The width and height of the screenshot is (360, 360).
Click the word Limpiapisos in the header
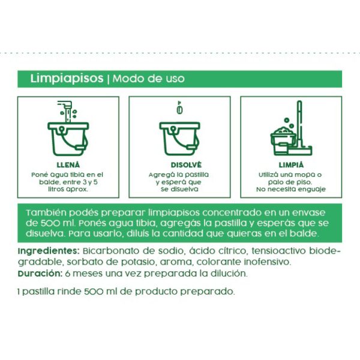[x=67, y=79]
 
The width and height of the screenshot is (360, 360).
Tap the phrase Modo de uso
[x=149, y=79]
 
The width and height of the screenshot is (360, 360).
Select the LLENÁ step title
[x=68, y=165]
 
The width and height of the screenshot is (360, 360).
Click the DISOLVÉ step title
[x=186, y=165]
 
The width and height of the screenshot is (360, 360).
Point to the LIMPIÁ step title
[x=291, y=165]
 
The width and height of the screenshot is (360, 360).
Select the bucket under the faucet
[x=68, y=139]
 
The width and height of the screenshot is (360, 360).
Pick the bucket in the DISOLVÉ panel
[x=180, y=139]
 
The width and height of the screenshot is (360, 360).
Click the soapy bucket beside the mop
[x=283, y=142]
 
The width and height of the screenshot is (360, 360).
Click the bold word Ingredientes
[x=49, y=251]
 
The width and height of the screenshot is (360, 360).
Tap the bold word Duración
[x=40, y=274]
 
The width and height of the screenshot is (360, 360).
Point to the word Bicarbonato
[x=111, y=251]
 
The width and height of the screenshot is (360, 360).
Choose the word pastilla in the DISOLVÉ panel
[x=197, y=175]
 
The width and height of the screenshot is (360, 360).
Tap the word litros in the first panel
[x=56, y=189]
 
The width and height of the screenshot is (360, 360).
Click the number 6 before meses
[x=68, y=274]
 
